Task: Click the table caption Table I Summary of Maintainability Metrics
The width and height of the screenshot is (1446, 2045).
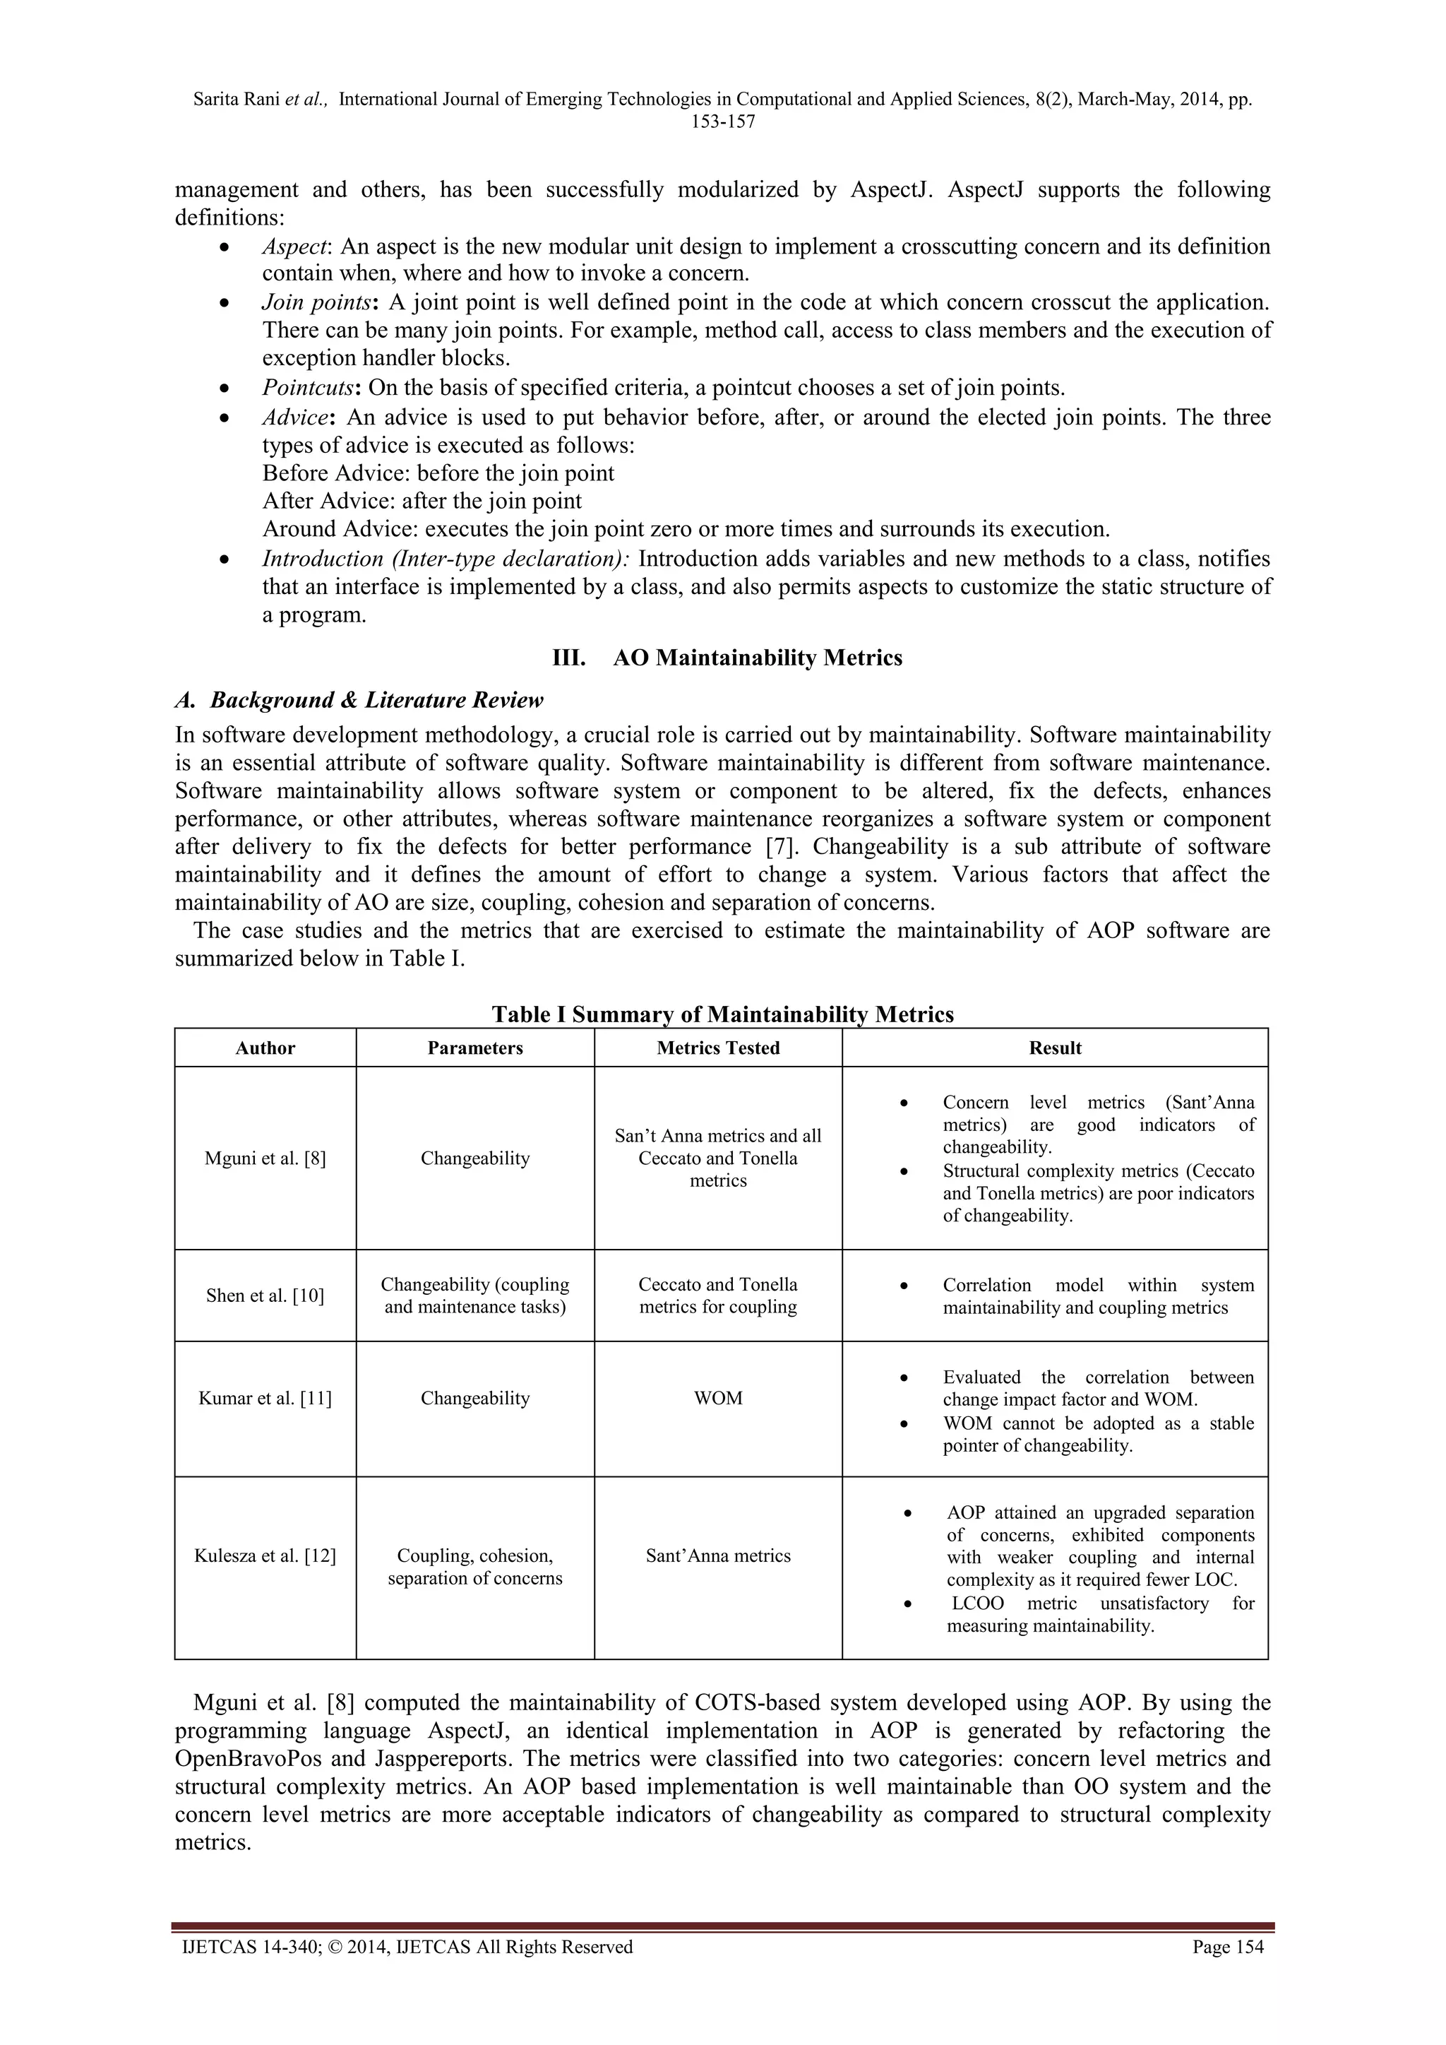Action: [x=722, y=1014]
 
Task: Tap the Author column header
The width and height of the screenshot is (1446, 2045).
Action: [x=265, y=1048]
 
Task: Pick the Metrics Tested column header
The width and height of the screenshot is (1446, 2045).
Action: [x=717, y=1048]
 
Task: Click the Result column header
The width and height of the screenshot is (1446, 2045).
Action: [x=1054, y=1048]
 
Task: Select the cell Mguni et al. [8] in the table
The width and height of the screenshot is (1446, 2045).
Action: [x=265, y=1158]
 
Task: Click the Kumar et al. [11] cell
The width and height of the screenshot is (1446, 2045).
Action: [x=265, y=1399]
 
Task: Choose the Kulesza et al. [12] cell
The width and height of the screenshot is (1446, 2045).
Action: [x=265, y=1556]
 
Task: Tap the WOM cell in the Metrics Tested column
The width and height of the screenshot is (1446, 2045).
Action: [x=717, y=1399]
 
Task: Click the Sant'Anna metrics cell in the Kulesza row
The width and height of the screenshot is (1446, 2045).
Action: [x=717, y=1556]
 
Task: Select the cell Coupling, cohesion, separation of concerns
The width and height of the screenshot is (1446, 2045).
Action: [x=474, y=1567]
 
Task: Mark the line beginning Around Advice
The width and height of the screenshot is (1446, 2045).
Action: [x=686, y=529]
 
